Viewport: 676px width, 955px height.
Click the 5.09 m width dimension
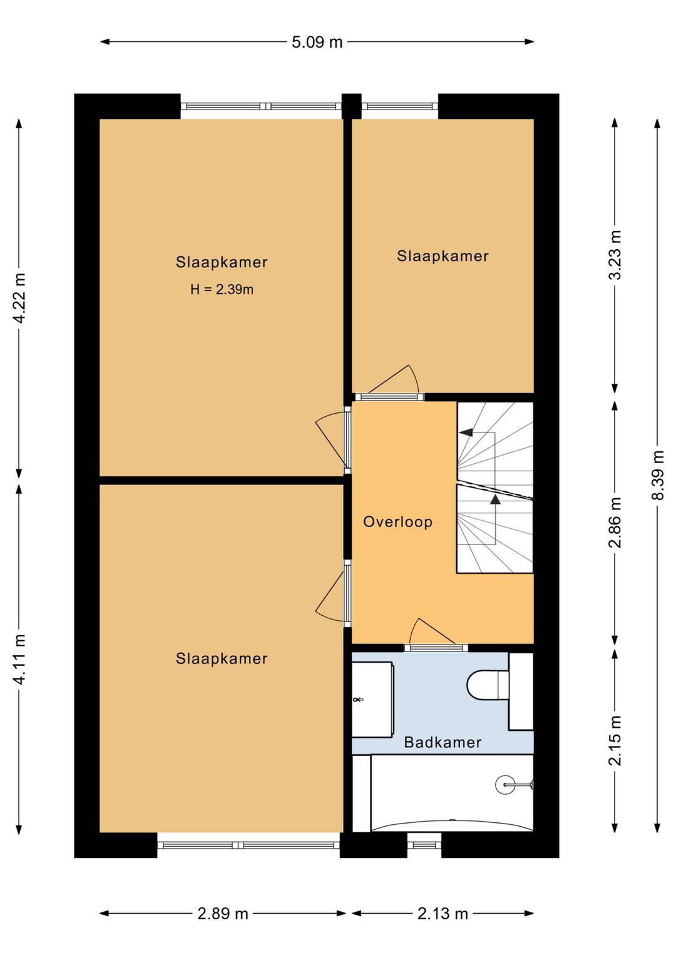click(x=317, y=42)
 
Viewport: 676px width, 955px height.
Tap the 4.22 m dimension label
click(x=19, y=298)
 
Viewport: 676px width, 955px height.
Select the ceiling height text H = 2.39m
click(x=222, y=290)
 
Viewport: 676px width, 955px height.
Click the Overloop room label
click(x=398, y=522)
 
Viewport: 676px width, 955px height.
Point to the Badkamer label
click(x=443, y=743)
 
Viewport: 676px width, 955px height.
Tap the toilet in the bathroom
click(x=488, y=685)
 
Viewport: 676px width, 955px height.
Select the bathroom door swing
click(x=432, y=631)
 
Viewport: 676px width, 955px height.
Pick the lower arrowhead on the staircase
click(x=495, y=499)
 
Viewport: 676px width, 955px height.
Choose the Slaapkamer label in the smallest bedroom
click(x=443, y=256)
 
